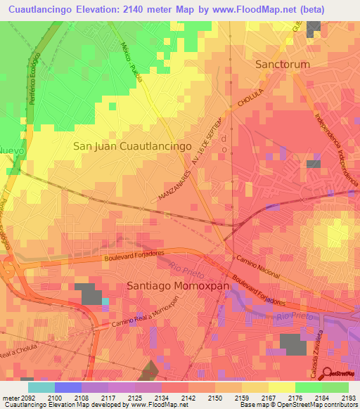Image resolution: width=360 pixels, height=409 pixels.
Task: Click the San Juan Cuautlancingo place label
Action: (x=133, y=146)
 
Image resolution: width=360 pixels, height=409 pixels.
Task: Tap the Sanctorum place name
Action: (x=281, y=64)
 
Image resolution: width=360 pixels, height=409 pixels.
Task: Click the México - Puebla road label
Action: (x=131, y=61)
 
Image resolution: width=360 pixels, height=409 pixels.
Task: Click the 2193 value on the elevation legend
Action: (x=347, y=398)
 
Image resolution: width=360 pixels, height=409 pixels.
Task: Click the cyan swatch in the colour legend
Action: (x=41, y=387)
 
